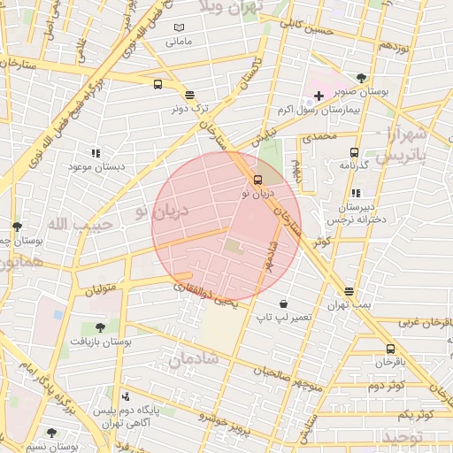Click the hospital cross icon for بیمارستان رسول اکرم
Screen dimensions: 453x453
[319, 95]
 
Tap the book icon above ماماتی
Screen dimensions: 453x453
[179, 28]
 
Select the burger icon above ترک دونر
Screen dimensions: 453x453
[189, 94]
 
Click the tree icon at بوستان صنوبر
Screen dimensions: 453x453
[361, 78]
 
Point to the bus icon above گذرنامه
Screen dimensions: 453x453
[355, 152]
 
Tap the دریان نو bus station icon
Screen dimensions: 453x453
[257, 177]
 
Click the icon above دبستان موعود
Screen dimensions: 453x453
[96, 152]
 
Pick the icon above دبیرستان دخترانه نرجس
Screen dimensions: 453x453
[356, 193]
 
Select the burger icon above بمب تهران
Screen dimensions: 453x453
[349, 291]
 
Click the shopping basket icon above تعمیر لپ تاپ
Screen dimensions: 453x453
[283, 303]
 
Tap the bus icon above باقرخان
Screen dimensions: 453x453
[390, 349]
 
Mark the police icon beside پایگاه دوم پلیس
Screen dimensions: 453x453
[126, 397]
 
